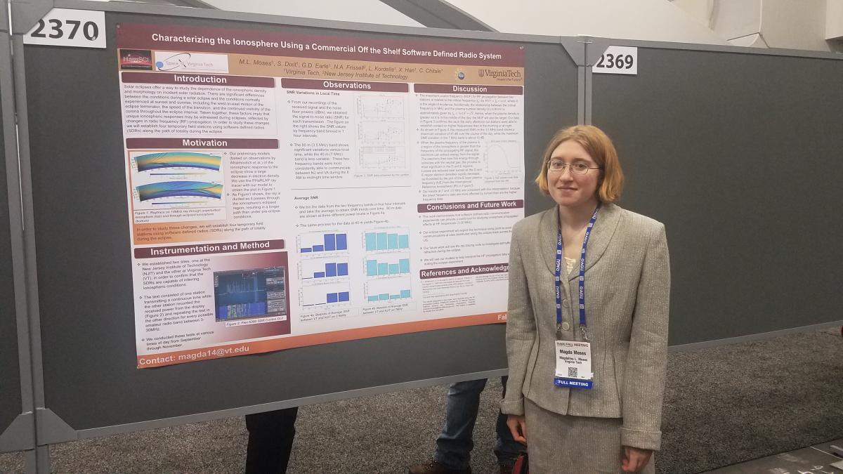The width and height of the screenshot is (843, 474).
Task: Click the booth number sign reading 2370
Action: coord(64,29)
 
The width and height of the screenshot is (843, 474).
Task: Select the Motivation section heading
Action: coord(204,143)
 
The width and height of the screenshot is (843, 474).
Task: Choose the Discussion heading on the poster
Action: coord(469,89)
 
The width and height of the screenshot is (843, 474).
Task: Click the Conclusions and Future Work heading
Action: coord(469,205)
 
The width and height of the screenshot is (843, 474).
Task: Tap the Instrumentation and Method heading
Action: coord(209,247)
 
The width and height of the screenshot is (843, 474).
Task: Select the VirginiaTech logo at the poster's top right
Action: coord(499,74)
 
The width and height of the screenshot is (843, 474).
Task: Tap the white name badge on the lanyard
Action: coord(573,360)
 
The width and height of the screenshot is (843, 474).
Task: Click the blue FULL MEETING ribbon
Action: coord(573,383)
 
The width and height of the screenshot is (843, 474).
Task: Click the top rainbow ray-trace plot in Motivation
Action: coord(177,162)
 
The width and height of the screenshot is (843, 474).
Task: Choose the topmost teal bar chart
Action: coord(386,239)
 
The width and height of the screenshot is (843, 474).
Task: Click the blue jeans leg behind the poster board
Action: coord(460,421)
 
